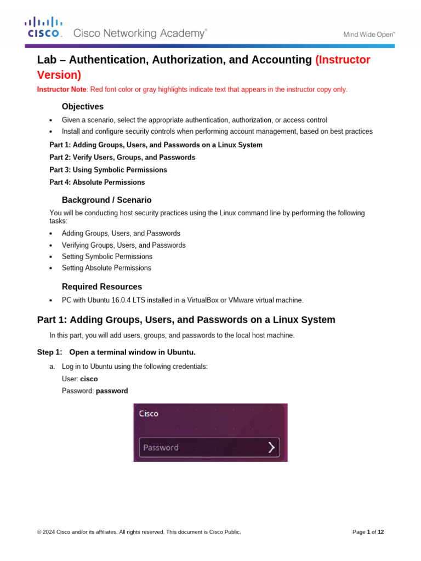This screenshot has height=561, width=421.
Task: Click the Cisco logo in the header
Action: pos(43,27)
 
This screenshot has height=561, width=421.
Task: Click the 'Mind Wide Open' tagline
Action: pos(369,34)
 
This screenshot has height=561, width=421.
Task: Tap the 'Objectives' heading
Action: pos(82,106)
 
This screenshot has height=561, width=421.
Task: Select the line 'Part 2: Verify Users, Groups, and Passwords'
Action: pos(122,157)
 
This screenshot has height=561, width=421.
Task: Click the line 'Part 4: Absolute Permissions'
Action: pos(97,182)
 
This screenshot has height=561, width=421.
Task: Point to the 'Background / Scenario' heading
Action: pos(106,200)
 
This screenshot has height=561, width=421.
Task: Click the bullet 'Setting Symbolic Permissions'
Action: pos(107,256)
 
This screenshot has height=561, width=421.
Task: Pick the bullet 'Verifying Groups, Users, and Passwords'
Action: pos(123,245)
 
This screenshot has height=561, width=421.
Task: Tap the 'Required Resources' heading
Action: pos(101,287)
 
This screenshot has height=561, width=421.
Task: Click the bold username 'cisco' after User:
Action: pos(89,379)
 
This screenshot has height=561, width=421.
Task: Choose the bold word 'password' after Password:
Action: pos(112,391)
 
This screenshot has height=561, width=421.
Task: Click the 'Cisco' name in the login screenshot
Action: pos(149,414)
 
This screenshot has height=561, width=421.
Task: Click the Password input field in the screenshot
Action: pos(203,448)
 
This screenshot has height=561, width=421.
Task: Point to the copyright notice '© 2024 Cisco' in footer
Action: pos(60,532)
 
